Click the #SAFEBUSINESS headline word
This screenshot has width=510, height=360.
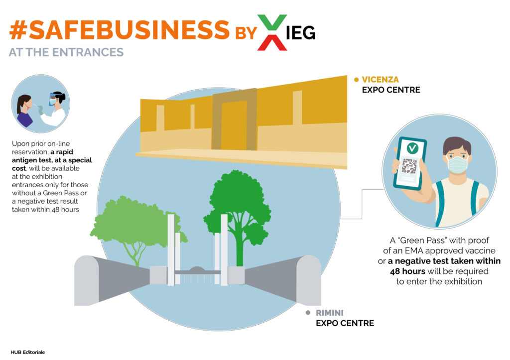coord(120,29)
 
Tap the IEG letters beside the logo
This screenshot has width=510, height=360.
coord(300,33)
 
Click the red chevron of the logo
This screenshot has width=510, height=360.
coord(272,43)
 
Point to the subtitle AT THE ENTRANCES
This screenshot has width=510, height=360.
coord(66,52)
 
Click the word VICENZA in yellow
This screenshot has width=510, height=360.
coord(380,80)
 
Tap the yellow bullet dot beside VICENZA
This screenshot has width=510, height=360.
coord(356,80)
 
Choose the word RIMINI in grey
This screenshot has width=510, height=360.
coord(330,313)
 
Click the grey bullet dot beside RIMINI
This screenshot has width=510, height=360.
coord(308,313)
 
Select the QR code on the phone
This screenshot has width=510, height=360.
coord(409,165)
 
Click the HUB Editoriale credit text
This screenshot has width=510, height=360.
coord(28,352)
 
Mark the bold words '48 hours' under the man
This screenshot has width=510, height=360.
coord(407,271)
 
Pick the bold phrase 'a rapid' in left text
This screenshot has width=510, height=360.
coord(62,152)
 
